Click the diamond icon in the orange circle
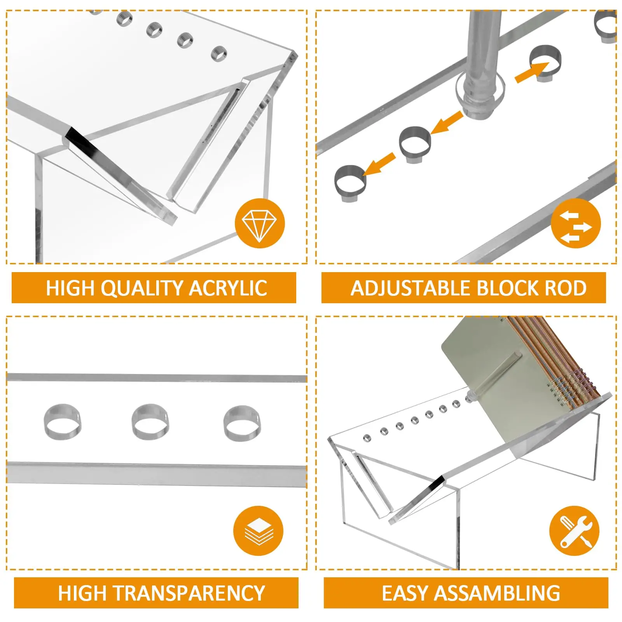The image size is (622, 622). click(259, 224)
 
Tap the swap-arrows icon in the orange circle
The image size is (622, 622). click(576, 224)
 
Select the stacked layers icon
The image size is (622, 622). click(259, 531)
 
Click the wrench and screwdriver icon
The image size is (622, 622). click(574, 531)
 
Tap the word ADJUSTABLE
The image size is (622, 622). click(411, 288)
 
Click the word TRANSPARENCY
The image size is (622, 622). click(189, 593)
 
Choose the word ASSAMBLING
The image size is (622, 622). click(497, 593)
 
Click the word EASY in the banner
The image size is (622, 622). click(405, 593)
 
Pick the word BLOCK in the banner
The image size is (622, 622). click(507, 288)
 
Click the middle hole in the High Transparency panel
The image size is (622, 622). click(150, 422)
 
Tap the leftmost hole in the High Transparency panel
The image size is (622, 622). click(63, 422)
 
